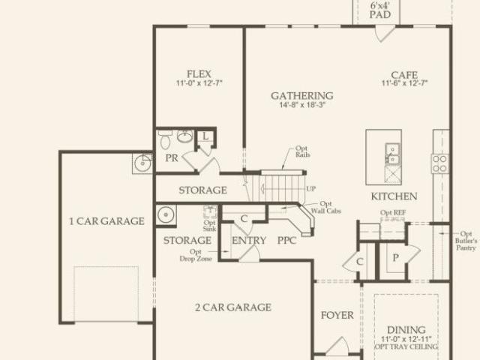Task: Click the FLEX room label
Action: click(x=199, y=74)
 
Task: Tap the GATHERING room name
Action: click(x=302, y=96)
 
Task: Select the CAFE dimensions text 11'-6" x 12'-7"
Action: click(x=404, y=83)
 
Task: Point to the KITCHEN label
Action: click(x=394, y=196)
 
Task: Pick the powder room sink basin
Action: click(x=185, y=136)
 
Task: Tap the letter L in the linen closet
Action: click(x=205, y=136)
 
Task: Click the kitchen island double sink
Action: click(x=392, y=154)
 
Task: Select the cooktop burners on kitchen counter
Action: click(x=440, y=163)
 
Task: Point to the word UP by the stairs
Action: click(x=310, y=189)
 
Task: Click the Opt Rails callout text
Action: click(x=302, y=151)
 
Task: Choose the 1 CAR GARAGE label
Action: click(x=106, y=221)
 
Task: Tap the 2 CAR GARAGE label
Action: click(x=233, y=307)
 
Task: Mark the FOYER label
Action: click(x=337, y=315)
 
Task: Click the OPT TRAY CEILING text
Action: click(x=406, y=346)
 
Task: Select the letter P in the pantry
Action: click(x=395, y=258)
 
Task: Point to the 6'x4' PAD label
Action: click(x=380, y=10)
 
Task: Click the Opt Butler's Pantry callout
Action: click(x=466, y=241)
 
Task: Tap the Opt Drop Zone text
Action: click(x=196, y=255)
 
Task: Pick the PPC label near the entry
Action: click(x=286, y=240)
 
